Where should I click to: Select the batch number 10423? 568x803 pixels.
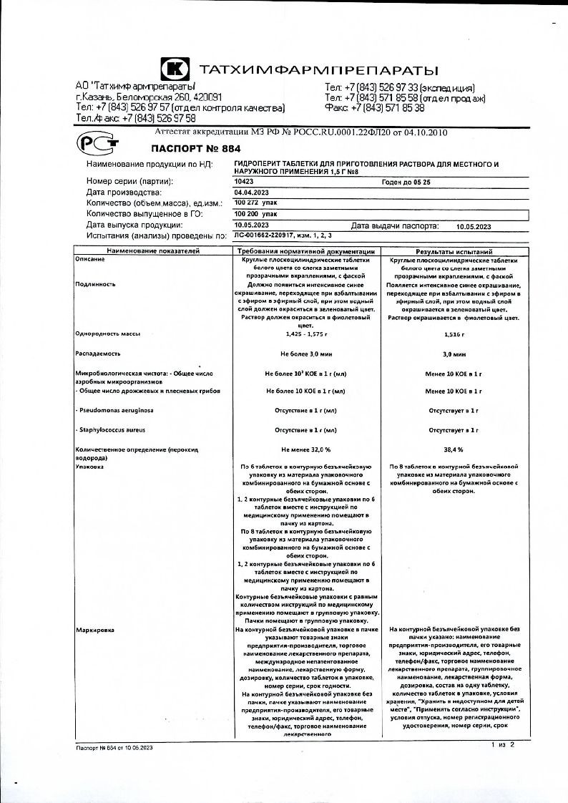click(245, 182)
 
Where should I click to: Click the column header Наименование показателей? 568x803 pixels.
click(153, 252)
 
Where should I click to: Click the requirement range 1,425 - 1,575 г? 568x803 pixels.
click(305, 334)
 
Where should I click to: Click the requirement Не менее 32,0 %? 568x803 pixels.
click(305, 449)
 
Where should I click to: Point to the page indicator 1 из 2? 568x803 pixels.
click(503, 745)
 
